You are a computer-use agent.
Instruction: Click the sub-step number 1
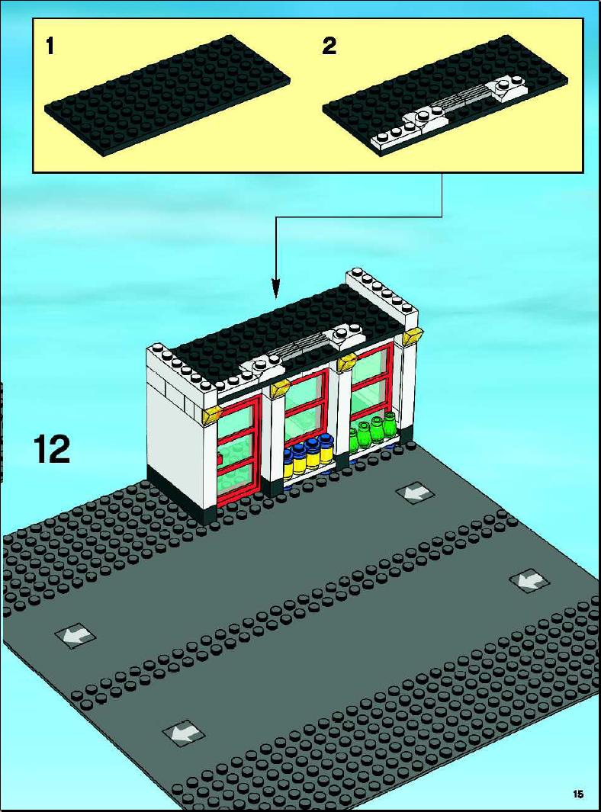click(x=50, y=47)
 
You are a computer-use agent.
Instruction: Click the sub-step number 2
click(x=329, y=47)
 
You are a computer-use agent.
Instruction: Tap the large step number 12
click(x=52, y=449)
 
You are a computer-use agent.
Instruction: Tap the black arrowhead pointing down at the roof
click(x=276, y=290)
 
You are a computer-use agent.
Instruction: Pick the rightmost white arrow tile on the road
click(x=529, y=582)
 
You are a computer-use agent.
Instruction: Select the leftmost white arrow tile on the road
click(x=76, y=635)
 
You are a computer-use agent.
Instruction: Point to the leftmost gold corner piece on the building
click(x=212, y=416)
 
